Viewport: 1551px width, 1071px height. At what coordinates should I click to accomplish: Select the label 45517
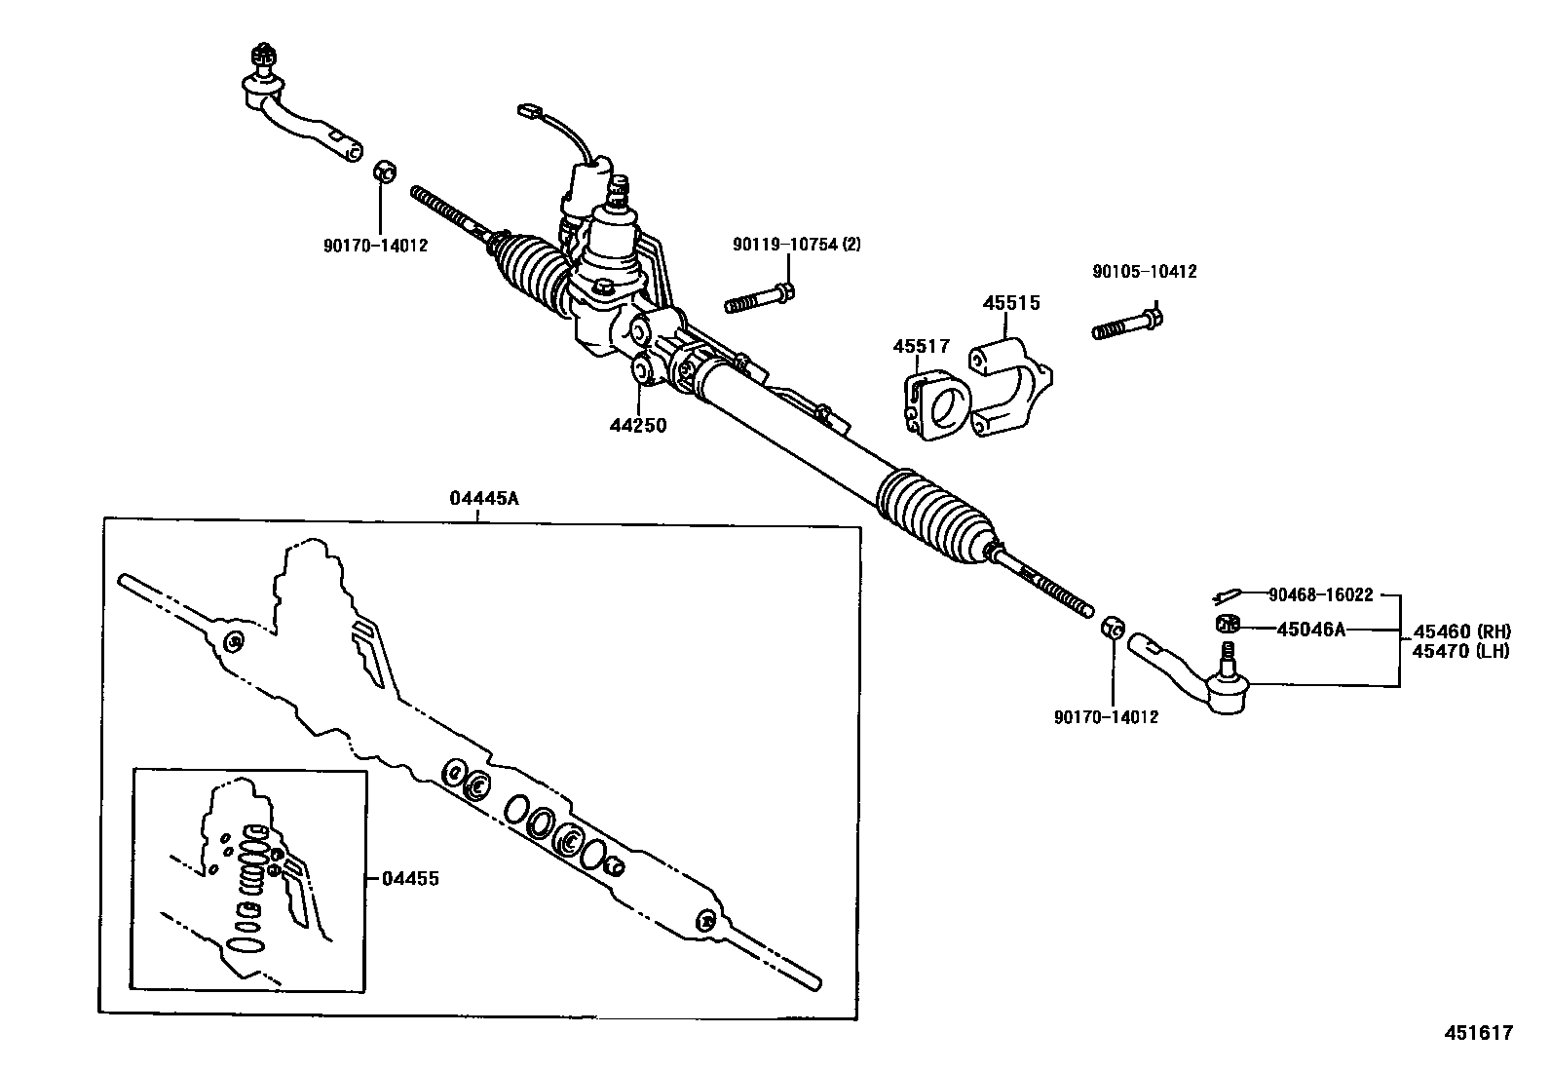point(922,346)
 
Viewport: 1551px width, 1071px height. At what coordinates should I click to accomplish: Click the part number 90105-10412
point(1144,272)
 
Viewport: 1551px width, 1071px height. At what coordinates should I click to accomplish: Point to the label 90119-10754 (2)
point(796,245)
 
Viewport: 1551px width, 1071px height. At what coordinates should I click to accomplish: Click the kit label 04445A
point(484,498)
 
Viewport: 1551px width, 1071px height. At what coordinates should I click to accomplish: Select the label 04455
point(410,878)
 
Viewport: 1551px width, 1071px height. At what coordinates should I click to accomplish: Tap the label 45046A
point(1310,630)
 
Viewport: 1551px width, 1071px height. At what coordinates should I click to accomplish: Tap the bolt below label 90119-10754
point(760,296)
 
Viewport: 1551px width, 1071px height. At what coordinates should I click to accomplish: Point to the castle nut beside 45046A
point(1227,624)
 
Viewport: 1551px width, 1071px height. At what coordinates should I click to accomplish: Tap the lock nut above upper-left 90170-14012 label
point(384,172)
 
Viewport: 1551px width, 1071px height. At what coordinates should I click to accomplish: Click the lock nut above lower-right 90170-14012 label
point(1114,626)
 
